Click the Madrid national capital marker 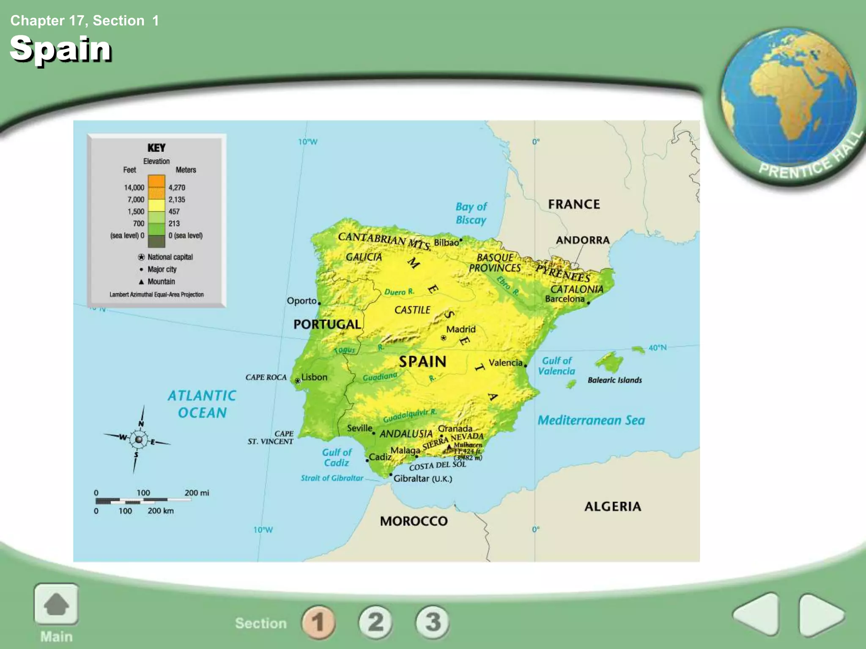(443, 338)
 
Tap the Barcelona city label (565, 299)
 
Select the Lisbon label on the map (314, 377)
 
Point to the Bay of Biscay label (471, 213)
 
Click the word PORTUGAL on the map (327, 324)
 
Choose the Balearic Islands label (614, 380)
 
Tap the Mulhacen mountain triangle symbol (449, 446)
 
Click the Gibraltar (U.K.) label (422, 478)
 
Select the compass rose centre (138, 440)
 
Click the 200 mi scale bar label (197, 493)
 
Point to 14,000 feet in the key (134, 187)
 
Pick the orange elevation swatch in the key (156, 182)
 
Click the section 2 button (375, 622)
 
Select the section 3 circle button (433, 622)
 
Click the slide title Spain (60, 49)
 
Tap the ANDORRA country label (583, 240)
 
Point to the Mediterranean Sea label (591, 420)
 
